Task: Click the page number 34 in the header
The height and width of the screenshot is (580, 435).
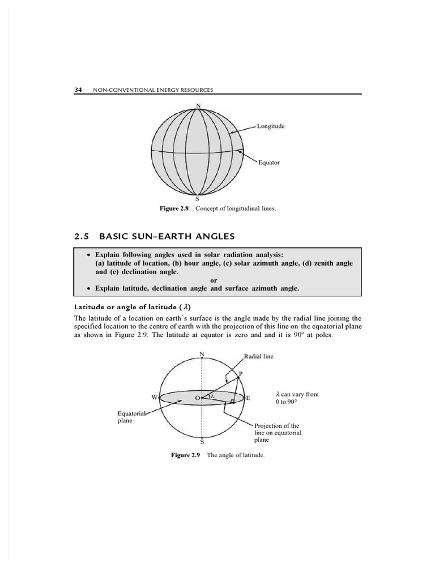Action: coord(78,90)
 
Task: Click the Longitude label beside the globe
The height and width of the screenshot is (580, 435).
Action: coord(271,126)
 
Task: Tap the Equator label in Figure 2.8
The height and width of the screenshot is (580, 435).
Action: coord(269,163)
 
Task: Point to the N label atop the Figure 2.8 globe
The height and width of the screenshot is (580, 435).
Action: coord(198,105)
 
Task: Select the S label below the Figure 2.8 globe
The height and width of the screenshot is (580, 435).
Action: coord(197,199)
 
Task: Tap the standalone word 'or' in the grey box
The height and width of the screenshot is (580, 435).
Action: coord(214,280)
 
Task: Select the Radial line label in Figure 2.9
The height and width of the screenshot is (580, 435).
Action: coord(258,357)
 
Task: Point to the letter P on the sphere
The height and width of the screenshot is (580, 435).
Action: coord(241,374)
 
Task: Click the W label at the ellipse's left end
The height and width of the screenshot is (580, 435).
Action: coord(154,397)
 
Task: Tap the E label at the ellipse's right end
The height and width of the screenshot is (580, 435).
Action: coord(248,398)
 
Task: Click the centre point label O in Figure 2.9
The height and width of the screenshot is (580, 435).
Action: coord(197,398)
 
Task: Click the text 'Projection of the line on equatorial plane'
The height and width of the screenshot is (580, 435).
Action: coord(278,432)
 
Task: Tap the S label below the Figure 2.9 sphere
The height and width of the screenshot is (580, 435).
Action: coord(202,442)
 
